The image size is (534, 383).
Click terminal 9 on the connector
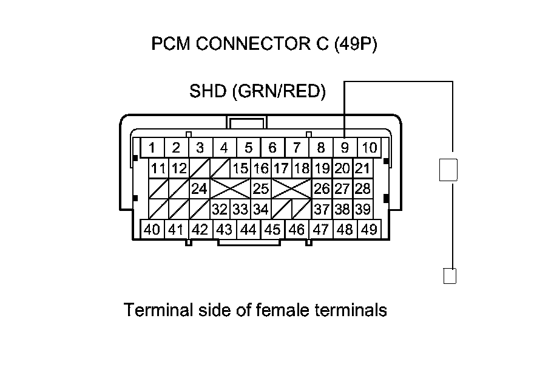[x=345, y=148]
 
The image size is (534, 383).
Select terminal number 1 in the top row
[x=152, y=148]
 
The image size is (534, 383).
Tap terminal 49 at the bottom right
[x=368, y=230]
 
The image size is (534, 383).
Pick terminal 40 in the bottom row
[x=152, y=230]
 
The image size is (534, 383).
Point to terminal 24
[x=199, y=189]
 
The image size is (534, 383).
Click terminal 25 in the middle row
[x=260, y=189]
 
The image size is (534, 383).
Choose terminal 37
[x=321, y=210]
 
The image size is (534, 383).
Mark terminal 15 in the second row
[x=240, y=168]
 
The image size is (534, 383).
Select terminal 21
[x=362, y=168]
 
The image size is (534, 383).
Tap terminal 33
[x=240, y=210]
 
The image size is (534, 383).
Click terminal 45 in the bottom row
[x=272, y=230]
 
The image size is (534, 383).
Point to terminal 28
[x=362, y=189]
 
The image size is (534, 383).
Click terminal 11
[x=159, y=168]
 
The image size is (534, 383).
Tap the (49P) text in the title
[x=356, y=44]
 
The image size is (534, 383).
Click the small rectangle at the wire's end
[x=450, y=276]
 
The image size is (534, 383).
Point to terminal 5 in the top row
[x=248, y=148]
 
